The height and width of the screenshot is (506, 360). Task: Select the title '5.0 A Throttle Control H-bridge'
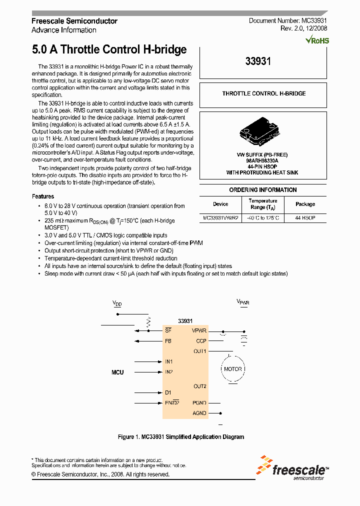109,49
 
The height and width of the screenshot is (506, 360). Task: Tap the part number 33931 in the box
258,61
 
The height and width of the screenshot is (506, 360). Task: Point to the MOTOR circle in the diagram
232,369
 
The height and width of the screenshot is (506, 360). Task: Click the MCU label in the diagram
117,372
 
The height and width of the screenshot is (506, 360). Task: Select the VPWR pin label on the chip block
199,330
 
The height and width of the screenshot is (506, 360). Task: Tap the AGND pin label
199,413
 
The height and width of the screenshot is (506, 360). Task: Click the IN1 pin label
169,361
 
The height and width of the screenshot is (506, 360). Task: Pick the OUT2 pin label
200,386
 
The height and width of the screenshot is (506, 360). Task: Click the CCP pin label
201,341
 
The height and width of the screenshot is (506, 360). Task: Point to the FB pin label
168,341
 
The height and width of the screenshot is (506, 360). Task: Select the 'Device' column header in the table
220,204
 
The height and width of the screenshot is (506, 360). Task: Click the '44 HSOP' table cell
305,218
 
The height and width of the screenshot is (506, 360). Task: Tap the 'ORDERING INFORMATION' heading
263,190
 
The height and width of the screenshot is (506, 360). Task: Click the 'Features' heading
43,196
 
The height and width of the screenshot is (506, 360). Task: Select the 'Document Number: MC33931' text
287,21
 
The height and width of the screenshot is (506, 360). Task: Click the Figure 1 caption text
181,437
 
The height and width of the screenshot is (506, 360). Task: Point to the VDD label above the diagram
117,303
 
